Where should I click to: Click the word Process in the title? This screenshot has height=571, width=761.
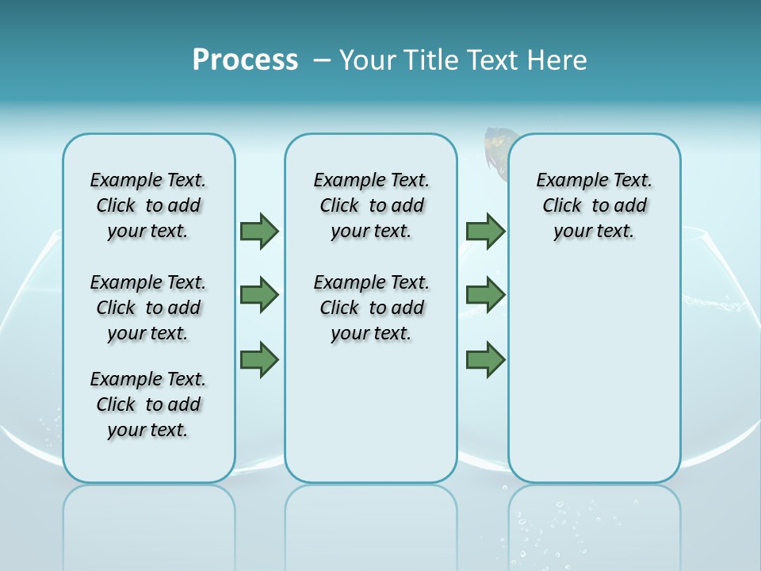click(x=245, y=59)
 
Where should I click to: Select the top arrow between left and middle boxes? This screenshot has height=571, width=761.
click(x=259, y=231)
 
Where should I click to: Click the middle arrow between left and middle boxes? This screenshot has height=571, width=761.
click(x=259, y=295)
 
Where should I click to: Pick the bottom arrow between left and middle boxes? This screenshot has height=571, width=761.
click(x=259, y=360)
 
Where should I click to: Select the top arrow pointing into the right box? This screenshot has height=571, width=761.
click(x=485, y=231)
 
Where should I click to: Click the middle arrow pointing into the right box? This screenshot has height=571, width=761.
click(x=485, y=295)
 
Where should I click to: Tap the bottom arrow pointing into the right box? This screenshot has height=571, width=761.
click(x=485, y=360)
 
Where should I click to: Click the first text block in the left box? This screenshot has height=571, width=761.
click(x=148, y=205)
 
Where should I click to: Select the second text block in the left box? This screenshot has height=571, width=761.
click(x=148, y=308)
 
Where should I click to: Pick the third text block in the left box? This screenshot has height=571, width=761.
click(x=148, y=404)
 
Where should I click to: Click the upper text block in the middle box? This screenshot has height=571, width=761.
click(x=371, y=205)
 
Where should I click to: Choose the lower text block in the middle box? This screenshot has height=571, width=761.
click(x=371, y=308)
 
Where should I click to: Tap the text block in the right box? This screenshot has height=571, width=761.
click(x=594, y=205)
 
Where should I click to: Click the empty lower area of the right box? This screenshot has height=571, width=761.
click(x=594, y=381)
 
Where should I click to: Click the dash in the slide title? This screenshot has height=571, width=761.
click(x=321, y=60)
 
